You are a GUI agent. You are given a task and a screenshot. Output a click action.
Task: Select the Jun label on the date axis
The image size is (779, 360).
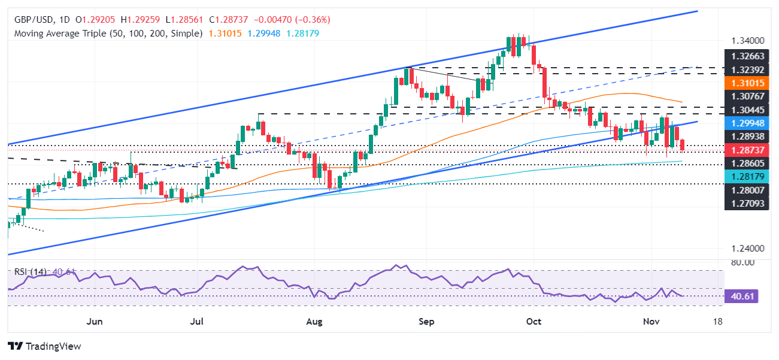click(x=94, y=322)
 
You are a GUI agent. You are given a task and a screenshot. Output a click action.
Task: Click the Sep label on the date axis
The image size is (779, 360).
click(x=426, y=322)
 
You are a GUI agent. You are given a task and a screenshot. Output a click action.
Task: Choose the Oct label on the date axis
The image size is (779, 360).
click(x=534, y=322)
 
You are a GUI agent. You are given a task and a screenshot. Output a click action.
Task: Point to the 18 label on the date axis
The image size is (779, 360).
click(x=719, y=322)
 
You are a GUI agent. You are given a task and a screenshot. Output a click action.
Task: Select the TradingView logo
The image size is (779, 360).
click(x=44, y=346)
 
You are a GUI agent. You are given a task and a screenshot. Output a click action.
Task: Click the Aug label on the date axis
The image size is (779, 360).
click(x=314, y=322)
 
